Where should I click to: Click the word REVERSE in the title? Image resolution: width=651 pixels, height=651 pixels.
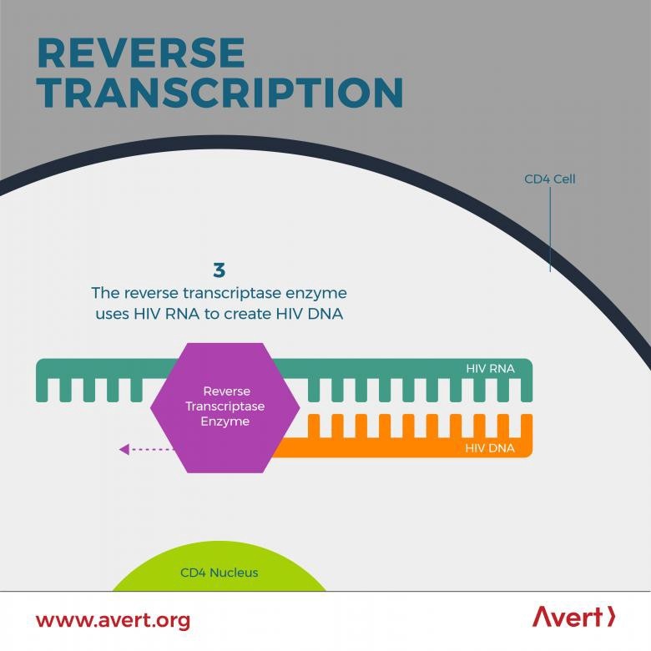[141, 53]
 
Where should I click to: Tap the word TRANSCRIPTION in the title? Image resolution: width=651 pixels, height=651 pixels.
[220, 92]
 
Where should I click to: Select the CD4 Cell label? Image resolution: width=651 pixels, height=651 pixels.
[550, 179]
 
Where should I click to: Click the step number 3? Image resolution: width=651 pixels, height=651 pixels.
[219, 270]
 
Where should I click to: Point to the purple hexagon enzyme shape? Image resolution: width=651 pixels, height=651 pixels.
[225, 407]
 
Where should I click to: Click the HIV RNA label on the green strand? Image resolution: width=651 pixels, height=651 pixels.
[490, 368]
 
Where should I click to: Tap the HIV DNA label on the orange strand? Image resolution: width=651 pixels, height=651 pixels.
[490, 448]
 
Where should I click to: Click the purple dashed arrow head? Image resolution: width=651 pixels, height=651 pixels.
[124, 449]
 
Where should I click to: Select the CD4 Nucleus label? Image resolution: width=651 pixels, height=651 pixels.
[220, 573]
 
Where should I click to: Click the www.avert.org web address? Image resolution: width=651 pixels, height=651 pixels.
[114, 620]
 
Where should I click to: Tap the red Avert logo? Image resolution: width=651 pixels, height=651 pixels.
[573, 617]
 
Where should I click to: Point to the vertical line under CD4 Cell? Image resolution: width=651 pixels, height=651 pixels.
[550, 230]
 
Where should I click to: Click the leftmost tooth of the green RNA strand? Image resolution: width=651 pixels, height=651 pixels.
[42, 390]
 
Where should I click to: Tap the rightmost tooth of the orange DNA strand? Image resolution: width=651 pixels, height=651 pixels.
[527, 426]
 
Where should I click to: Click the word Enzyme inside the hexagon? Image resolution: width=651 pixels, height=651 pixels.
[225, 421]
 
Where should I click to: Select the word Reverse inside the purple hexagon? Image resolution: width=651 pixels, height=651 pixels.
[227, 391]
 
